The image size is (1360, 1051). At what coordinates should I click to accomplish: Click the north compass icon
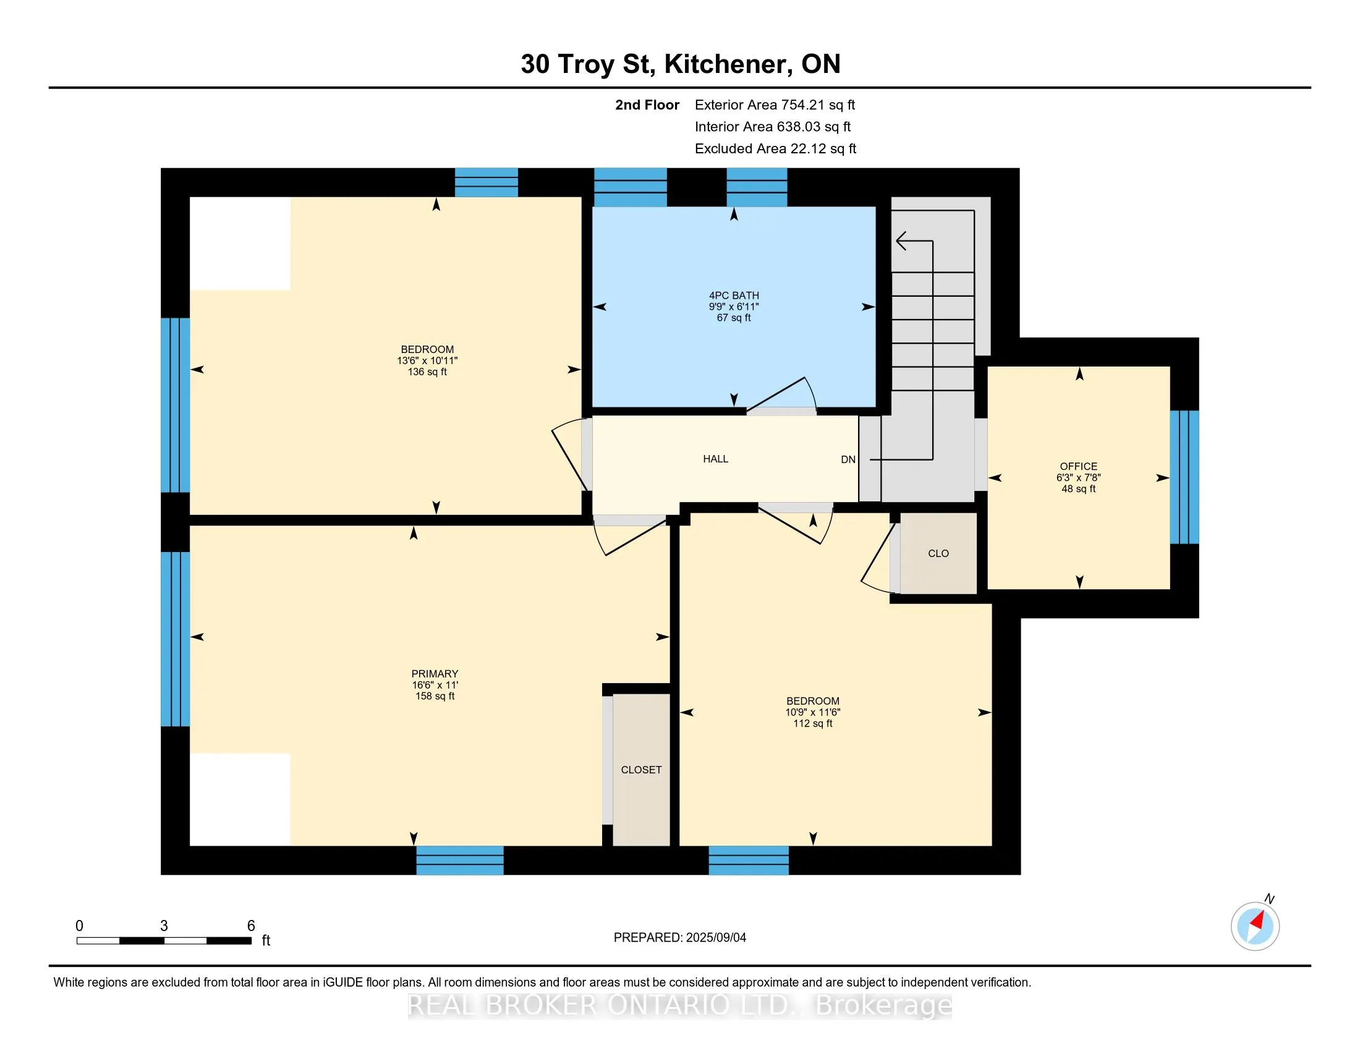pyautogui.click(x=1255, y=926)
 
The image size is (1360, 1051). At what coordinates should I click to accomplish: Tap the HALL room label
pyautogui.click(x=715, y=459)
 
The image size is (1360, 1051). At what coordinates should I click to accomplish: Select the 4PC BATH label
pyautogui.click(x=734, y=296)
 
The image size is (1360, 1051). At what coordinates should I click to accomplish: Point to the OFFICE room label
pyautogui.click(x=1079, y=466)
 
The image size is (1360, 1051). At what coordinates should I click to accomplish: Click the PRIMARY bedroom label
pyautogui.click(x=435, y=674)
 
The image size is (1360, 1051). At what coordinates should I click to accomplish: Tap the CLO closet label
pyautogui.click(x=938, y=553)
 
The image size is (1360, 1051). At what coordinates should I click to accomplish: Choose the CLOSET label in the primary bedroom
pyautogui.click(x=641, y=770)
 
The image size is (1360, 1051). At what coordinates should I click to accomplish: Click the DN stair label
pyautogui.click(x=848, y=459)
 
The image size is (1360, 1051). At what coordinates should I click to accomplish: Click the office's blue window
pyautogui.click(x=1184, y=477)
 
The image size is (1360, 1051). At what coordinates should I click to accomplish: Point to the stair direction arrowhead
pyautogui.click(x=902, y=240)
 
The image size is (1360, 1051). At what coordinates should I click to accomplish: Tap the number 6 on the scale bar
pyautogui.click(x=251, y=926)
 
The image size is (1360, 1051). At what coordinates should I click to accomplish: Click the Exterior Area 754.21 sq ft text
pyautogui.click(x=775, y=104)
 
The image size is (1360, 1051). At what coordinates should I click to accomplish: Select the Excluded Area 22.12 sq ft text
pyautogui.click(x=775, y=148)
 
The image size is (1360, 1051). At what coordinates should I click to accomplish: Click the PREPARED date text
pyautogui.click(x=680, y=938)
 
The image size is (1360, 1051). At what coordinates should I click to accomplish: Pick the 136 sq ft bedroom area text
pyautogui.click(x=427, y=372)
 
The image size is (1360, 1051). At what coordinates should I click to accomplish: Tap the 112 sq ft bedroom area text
pyautogui.click(x=813, y=723)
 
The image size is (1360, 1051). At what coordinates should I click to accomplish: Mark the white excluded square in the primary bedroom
pyautogui.click(x=240, y=799)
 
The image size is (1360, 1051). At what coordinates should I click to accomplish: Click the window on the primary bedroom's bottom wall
pyautogui.click(x=459, y=860)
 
